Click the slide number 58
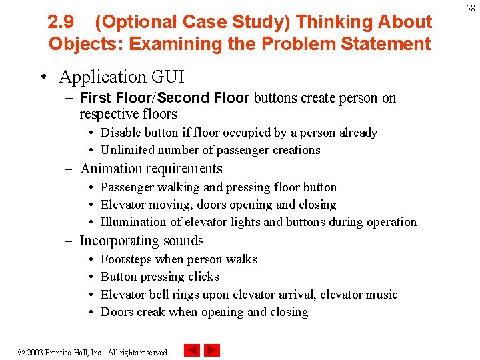click(x=470, y=8)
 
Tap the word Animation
click(x=111, y=169)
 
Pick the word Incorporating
click(x=119, y=241)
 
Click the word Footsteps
click(x=127, y=259)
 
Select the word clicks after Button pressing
click(x=203, y=277)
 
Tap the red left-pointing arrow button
click(x=192, y=350)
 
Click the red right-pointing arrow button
click(x=212, y=350)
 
